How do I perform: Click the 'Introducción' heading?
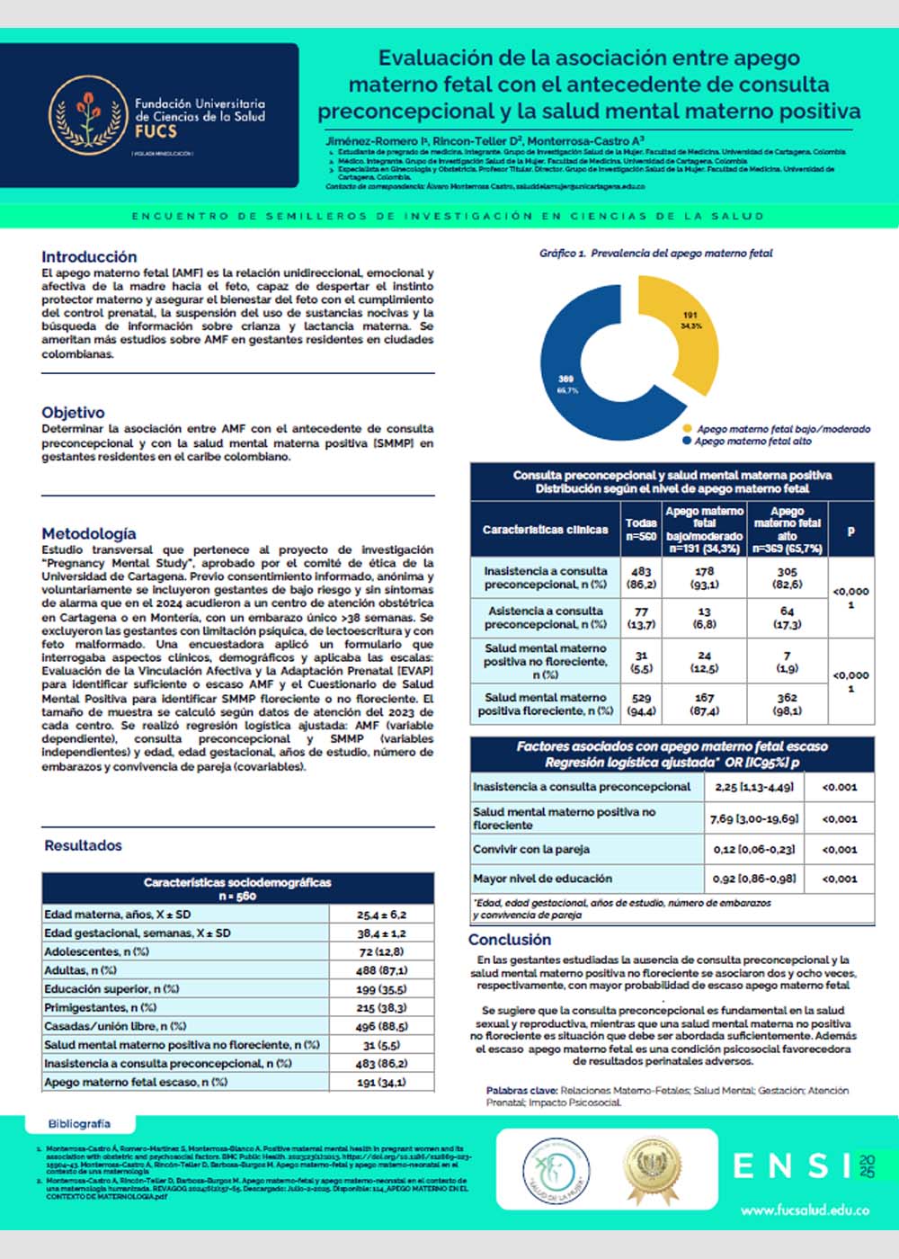click(89, 257)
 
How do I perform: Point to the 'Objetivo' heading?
click(73, 413)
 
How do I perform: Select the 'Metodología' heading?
click(89, 533)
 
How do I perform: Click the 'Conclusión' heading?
click(510, 940)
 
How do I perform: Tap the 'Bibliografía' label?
click(80, 1123)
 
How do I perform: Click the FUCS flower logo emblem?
click(88, 115)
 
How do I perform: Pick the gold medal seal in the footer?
click(652, 1168)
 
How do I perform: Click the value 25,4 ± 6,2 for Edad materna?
click(381, 915)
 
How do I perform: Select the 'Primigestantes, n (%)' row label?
click(101, 1007)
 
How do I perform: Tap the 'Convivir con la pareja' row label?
click(531, 849)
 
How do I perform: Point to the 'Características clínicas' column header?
click(545, 530)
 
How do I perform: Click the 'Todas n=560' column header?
click(641, 529)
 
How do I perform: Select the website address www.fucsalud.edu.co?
click(805, 1210)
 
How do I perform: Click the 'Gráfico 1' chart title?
click(655, 254)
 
